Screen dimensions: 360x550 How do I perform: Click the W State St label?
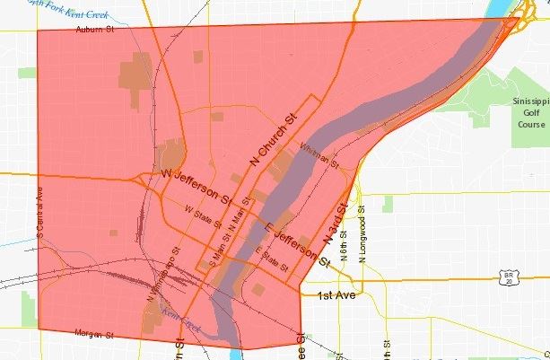pos(202,215)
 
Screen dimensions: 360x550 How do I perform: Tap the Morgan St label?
pos(93,334)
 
